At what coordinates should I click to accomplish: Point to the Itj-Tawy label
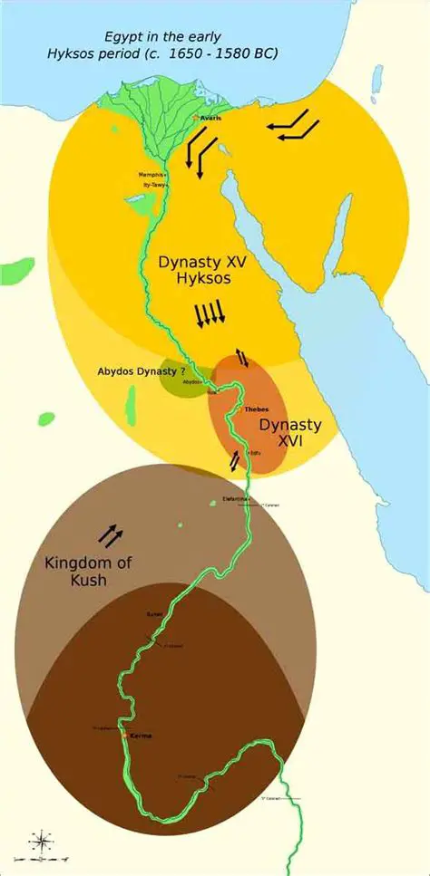[x=154, y=184]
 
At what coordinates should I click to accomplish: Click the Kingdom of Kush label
[x=87, y=571]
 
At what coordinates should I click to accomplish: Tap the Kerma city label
[x=142, y=736]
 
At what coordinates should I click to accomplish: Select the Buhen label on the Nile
[x=154, y=614]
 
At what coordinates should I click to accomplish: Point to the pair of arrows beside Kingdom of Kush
[x=112, y=536]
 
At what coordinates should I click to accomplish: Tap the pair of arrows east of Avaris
[x=292, y=126]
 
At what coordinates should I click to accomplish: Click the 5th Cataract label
[x=269, y=798]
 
